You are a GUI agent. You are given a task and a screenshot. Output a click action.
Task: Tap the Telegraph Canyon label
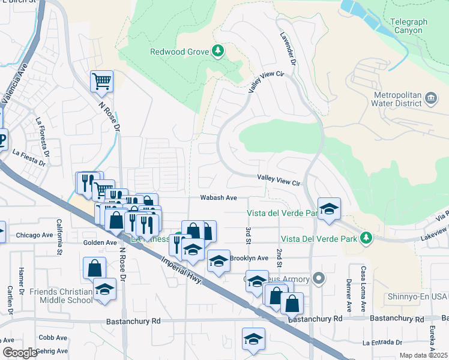pyautogui.click(x=408, y=26)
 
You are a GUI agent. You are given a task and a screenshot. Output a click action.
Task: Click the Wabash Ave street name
pyautogui.click(x=219, y=197)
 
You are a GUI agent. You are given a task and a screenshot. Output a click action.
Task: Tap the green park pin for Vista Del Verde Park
pyautogui.click(x=366, y=239)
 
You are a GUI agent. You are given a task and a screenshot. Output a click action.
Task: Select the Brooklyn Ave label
pyautogui.click(x=250, y=257)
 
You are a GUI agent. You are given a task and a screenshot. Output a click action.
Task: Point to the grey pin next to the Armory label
pyautogui.click(x=319, y=279)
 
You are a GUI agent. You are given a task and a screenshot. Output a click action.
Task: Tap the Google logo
pyautogui.click(x=20, y=353)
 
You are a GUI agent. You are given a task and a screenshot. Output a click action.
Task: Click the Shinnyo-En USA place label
pyautogui.click(x=415, y=296)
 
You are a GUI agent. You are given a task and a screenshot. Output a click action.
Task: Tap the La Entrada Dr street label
pyautogui.click(x=382, y=343)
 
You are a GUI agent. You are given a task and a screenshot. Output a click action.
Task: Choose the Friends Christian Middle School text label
pyautogui.click(x=61, y=296)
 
